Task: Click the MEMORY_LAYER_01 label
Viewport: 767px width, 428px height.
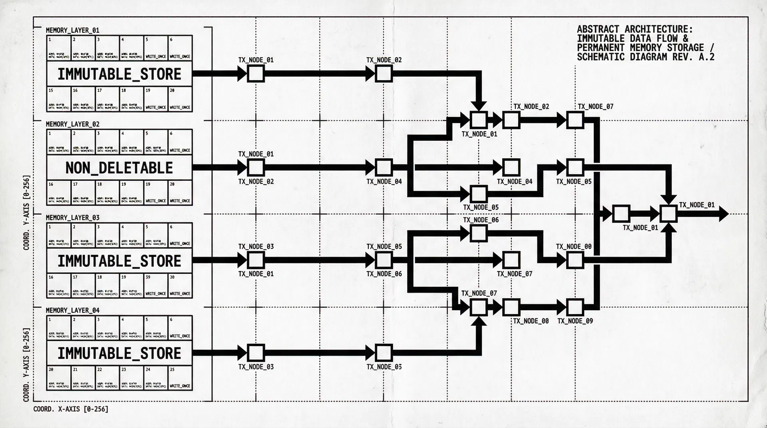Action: (x=72, y=30)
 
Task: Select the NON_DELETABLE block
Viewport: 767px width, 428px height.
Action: (x=119, y=168)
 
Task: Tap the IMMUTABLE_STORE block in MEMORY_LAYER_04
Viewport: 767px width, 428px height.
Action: (x=119, y=353)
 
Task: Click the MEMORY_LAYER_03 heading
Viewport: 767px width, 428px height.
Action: (x=72, y=218)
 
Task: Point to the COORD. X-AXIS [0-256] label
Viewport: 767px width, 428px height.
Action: (x=71, y=409)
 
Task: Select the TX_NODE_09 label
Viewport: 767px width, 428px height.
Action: (x=575, y=321)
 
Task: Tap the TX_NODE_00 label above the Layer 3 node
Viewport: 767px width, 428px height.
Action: (x=574, y=247)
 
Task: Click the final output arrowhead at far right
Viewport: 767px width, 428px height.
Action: (x=724, y=214)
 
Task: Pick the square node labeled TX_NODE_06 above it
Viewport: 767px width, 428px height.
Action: (x=478, y=234)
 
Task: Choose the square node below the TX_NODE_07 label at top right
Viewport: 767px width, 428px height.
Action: (x=575, y=120)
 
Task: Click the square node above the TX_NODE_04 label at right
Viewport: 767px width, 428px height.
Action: (x=511, y=168)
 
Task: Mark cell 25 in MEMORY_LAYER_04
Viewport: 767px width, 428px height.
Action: (x=180, y=378)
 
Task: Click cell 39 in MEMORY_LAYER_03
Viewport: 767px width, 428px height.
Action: (x=155, y=285)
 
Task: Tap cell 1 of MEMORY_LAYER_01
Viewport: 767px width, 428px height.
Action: (x=59, y=48)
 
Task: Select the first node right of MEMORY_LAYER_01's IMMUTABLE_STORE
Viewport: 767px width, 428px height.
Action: (x=256, y=74)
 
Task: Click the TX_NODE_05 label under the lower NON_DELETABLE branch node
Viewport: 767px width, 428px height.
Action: (x=481, y=208)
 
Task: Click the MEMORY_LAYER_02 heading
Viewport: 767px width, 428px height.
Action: (x=72, y=124)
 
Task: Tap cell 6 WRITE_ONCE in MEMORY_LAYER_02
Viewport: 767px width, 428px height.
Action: (x=180, y=142)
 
